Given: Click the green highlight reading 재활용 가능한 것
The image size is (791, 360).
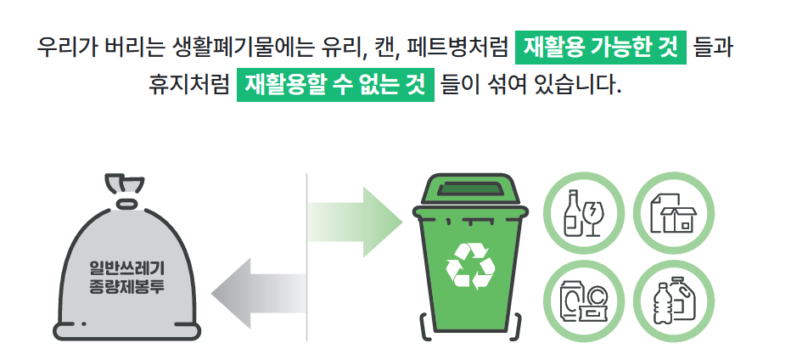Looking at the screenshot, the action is pyautogui.click(x=600, y=47).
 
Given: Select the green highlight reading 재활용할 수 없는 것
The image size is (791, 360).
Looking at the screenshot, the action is pyautogui.click(x=335, y=85).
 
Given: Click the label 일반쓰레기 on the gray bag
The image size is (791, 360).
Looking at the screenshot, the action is pyautogui.click(x=127, y=270).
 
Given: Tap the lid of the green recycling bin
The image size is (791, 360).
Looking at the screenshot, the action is pyautogui.click(x=469, y=192).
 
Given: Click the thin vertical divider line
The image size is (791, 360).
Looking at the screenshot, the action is pyautogui.click(x=306, y=255).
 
